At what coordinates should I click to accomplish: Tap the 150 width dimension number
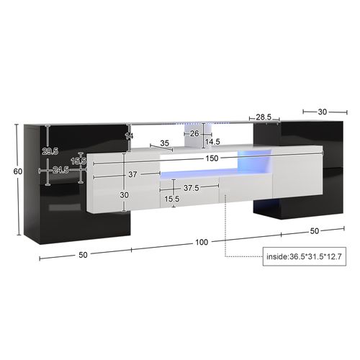coord(210,159)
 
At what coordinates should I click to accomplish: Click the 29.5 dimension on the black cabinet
coord(50,151)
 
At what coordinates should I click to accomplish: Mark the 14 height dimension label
coord(129,136)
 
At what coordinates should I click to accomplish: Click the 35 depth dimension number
coord(164,143)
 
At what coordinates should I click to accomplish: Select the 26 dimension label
coord(194,133)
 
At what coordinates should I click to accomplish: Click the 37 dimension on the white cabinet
coord(132,175)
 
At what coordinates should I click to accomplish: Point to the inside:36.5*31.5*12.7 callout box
coord(305,256)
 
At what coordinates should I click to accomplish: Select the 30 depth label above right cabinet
coord(321,111)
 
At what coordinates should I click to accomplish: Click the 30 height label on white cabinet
coord(124,194)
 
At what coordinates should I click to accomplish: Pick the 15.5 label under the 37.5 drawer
coord(172,199)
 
